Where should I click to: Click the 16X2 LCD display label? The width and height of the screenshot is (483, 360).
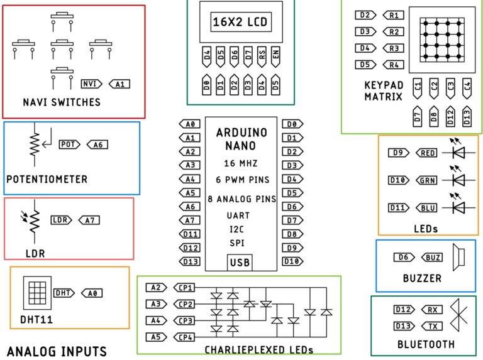(240, 23)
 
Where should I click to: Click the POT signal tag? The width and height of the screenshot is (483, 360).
(69, 145)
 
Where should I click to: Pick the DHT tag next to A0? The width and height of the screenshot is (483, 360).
(64, 293)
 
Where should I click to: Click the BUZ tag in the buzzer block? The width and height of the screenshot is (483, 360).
(432, 257)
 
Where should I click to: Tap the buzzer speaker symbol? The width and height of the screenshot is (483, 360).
(460, 257)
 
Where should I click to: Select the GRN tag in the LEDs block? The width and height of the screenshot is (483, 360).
(426, 180)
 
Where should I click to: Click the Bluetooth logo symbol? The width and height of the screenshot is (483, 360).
(461, 317)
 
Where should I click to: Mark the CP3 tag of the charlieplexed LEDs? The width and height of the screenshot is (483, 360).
(185, 321)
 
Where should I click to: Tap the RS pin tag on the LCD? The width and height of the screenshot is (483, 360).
(261, 57)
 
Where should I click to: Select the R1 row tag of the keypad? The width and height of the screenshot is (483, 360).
(393, 15)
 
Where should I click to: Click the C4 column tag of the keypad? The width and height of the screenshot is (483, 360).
(466, 86)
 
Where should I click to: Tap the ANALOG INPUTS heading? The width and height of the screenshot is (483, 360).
(57, 351)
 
